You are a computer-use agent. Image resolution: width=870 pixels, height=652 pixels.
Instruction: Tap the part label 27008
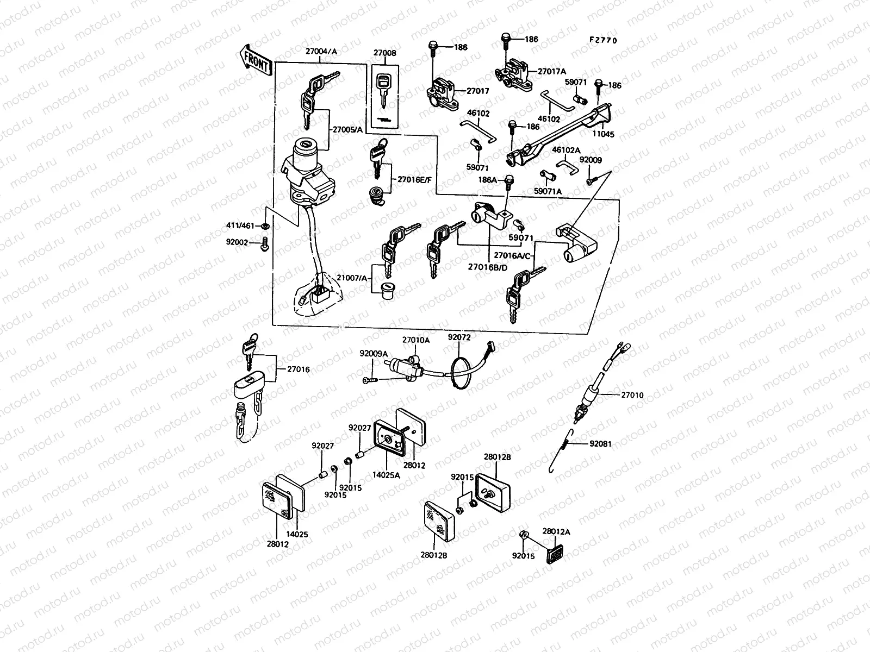pos(384,53)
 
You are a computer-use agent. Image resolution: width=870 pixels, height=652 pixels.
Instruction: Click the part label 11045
pos(604,134)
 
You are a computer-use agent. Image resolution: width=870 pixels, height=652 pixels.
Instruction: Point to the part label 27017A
pos(552,71)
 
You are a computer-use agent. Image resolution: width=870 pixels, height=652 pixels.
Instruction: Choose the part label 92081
pos(600,444)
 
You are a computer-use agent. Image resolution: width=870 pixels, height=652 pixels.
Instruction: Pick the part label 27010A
pos(415,340)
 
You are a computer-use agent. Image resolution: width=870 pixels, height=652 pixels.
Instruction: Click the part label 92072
pos(459,337)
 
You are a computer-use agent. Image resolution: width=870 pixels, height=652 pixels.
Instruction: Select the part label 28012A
pos(556,531)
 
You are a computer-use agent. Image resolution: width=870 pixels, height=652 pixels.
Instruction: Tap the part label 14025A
pos(386,474)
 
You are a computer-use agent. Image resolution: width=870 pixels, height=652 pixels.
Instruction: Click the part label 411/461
pos(240,225)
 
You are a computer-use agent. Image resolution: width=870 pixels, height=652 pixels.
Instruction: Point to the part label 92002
pos(238,242)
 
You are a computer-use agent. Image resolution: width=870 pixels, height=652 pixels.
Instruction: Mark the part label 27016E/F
pos(414,179)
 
